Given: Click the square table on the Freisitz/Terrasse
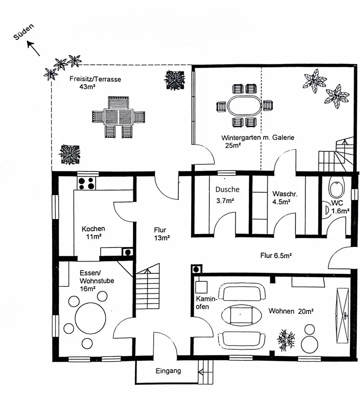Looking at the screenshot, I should [118, 117].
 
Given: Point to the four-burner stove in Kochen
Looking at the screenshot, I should [86, 184].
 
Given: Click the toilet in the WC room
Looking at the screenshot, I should [337, 188].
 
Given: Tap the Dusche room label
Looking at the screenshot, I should [227, 189].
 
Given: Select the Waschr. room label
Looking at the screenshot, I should [281, 193].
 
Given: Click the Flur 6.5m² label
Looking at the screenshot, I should [275, 256].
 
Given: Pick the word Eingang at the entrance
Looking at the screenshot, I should [168, 371].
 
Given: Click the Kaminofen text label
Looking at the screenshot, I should [203, 302].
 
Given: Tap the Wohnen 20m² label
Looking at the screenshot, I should [291, 311].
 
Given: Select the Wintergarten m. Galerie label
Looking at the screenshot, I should [257, 138].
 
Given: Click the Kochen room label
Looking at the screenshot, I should [93, 229].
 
